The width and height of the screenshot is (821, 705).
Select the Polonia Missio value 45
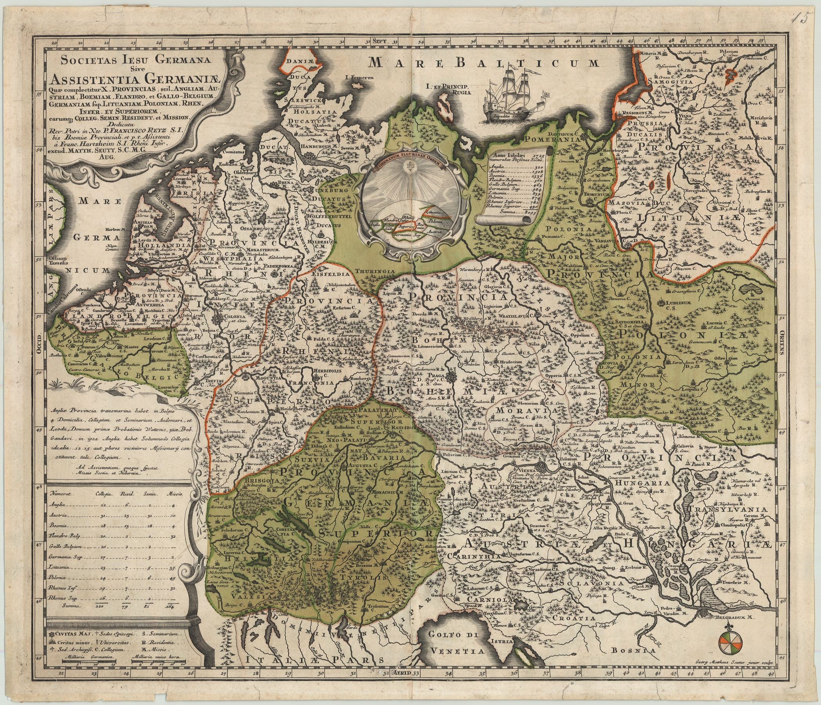click(x=172, y=578)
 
